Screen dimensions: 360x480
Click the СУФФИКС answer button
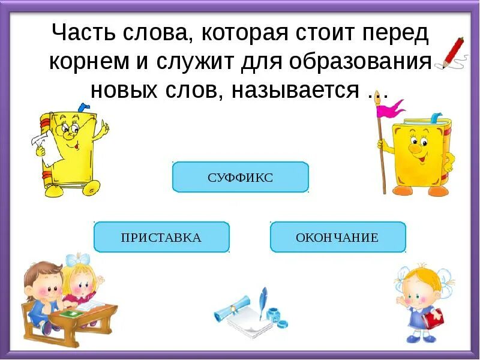pos(240,177)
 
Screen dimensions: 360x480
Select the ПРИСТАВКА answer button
pos(161,237)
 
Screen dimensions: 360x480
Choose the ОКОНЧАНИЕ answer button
pos(338,237)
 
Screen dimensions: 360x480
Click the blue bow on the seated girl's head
pos(77,260)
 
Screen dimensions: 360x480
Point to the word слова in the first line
pos(156,34)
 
